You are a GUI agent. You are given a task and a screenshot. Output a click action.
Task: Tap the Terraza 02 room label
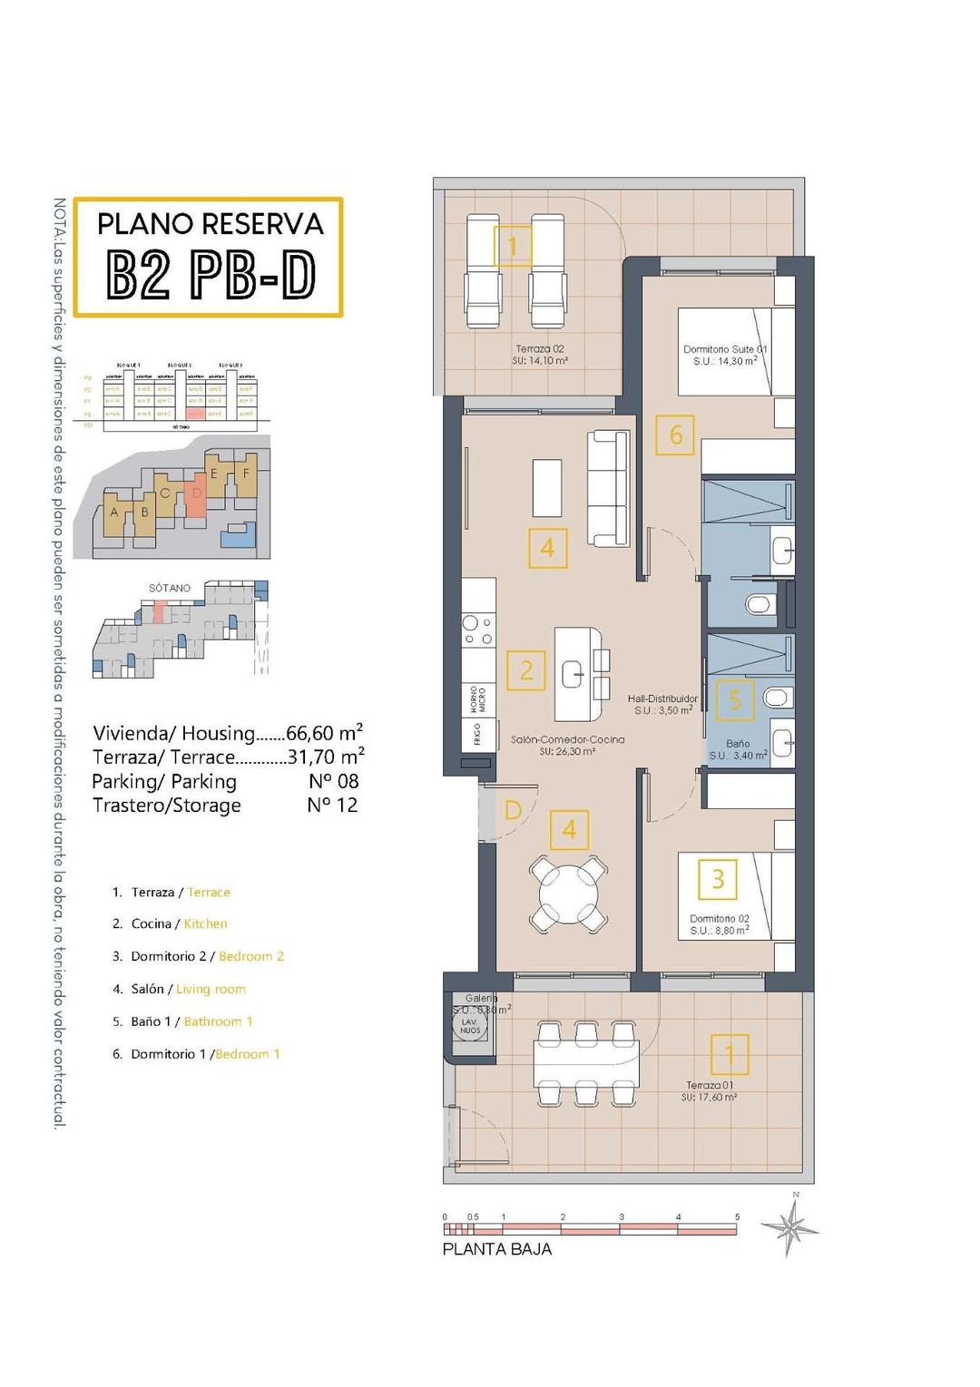[541, 355]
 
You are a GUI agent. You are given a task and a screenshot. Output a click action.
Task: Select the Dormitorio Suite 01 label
[725, 355]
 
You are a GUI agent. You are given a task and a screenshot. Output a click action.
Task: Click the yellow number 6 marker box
[676, 435]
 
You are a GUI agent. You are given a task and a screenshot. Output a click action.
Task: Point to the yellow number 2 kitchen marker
[526, 671]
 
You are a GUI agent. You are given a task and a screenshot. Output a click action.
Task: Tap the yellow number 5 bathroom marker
[735, 700]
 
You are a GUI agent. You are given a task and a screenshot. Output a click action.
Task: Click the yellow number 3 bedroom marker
[718, 879]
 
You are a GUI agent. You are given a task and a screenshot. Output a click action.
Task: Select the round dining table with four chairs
[568, 894]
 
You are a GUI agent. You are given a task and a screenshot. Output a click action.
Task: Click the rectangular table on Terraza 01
[586, 1063]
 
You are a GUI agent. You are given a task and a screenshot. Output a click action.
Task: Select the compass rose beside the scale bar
[791, 1228]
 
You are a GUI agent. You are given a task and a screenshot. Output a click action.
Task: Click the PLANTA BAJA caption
[496, 1249]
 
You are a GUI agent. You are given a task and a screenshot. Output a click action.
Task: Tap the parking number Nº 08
[333, 781]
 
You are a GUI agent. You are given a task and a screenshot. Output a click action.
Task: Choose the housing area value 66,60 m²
[325, 732]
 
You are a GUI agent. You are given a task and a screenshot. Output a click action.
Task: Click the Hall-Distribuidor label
[662, 705]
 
